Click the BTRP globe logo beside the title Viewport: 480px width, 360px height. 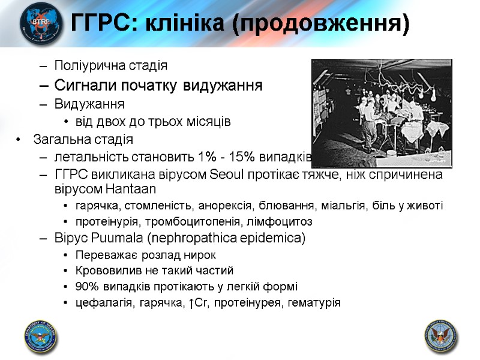point(40,23)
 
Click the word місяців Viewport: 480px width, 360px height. point(211,122)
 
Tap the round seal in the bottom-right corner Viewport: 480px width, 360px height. point(440,335)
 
